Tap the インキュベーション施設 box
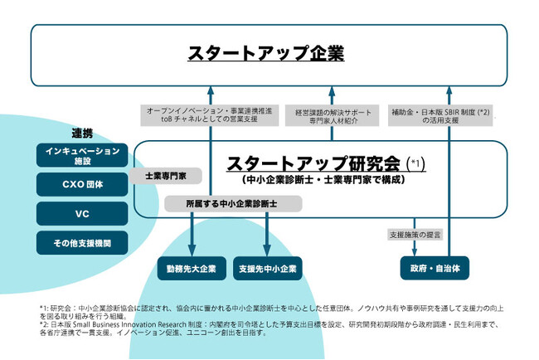[x=82, y=156]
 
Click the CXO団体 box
[x=82, y=184]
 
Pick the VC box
[x=82, y=213]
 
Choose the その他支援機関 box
[x=82, y=242]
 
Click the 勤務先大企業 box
[x=192, y=268]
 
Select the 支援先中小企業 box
[x=267, y=268]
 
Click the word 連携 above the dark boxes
[x=82, y=133]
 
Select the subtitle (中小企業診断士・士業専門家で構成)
[x=313, y=178]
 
